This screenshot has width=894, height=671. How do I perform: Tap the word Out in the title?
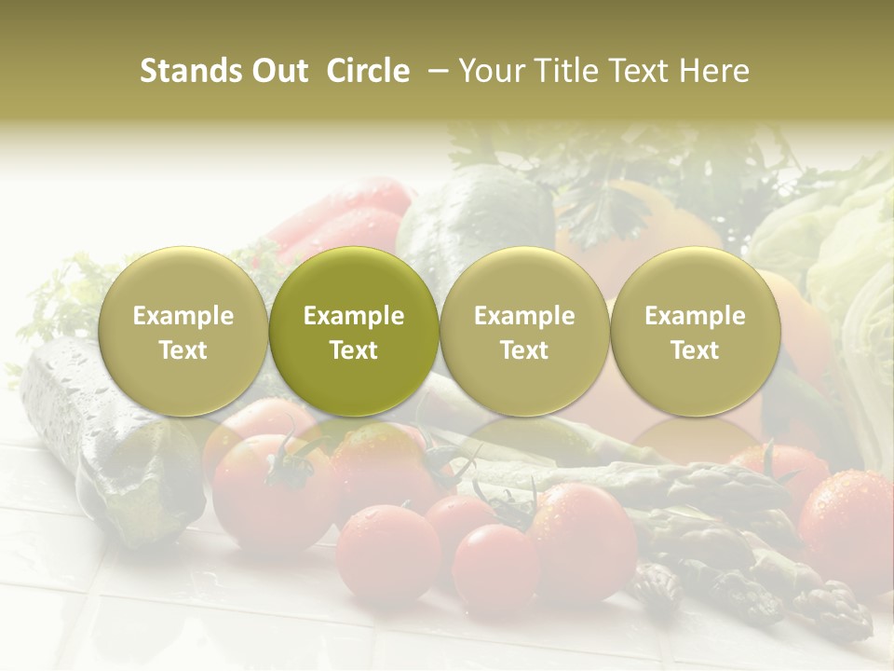(x=277, y=71)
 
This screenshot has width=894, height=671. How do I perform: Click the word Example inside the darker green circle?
(x=354, y=316)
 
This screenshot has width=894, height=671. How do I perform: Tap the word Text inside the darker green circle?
(x=354, y=350)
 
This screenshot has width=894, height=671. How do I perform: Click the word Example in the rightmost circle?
(x=695, y=316)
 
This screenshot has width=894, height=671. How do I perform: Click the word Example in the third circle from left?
(x=524, y=316)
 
